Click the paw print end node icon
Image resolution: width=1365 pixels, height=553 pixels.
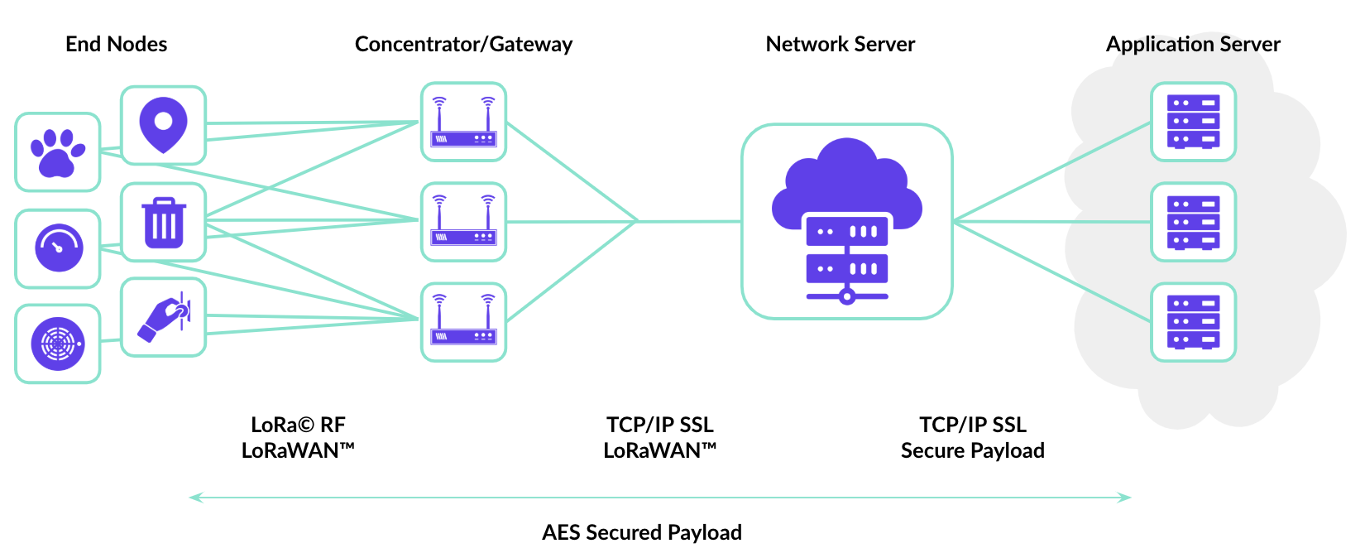pos(58,152)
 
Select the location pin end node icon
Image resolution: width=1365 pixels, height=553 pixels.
pos(163,125)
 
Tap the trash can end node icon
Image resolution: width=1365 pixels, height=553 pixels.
pos(164,222)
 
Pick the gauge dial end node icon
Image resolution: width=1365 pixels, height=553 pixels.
pos(58,248)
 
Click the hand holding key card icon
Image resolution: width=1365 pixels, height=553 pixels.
pos(164,318)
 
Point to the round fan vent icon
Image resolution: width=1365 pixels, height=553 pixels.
pos(58,344)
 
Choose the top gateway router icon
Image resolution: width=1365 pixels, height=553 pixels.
pos(463,122)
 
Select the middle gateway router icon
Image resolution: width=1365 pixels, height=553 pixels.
pos(463,222)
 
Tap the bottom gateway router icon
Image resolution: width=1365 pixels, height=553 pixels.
pos(463,322)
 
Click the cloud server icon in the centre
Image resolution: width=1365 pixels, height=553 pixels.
pos(846,221)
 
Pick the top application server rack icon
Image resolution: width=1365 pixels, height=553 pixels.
pos(1193,122)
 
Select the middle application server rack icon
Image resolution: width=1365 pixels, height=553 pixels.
pos(1193,222)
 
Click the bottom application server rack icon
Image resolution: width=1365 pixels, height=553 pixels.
pos(1193,322)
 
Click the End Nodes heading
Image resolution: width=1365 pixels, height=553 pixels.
pos(116,44)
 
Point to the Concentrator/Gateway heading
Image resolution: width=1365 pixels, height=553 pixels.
pos(463,44)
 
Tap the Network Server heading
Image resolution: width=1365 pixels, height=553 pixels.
pos(840,44)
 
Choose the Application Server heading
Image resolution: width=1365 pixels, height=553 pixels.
pos(1193,44)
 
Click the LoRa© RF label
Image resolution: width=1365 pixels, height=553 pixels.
pos(298,425)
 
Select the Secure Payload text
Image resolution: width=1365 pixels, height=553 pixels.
pos(972,450)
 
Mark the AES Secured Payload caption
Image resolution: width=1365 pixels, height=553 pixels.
pos(642,531)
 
